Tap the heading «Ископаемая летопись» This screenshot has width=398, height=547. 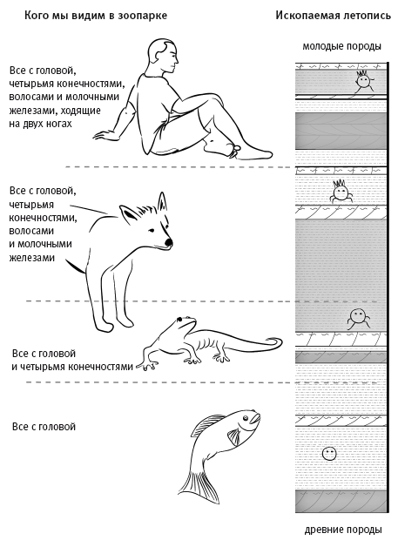pos(334,16)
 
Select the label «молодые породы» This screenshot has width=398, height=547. pos(341,46)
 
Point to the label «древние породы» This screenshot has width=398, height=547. pos(343,530)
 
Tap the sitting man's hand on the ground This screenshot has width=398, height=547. pos(105,136)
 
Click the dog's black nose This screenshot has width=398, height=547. pos(168,242)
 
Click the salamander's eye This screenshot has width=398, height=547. pos(179,319)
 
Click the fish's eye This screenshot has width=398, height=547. pos(246,417)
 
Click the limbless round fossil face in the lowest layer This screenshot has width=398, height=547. pos(329,453)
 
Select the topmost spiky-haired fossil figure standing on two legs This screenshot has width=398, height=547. pos(363,82)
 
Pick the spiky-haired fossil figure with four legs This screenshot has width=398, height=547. pos(341,191)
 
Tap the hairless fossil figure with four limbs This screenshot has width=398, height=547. pos(358,318)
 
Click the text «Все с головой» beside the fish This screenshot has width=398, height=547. pos(44,427)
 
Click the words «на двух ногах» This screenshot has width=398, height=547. pos(40,124)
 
